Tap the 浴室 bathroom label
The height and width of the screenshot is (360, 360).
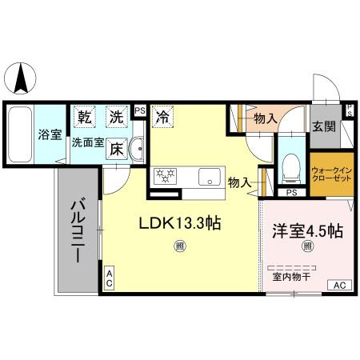(x=50, y=134)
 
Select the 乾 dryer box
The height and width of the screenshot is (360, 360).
(x=85, y=117)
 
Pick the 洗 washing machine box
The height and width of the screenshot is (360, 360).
(x=118, y=117)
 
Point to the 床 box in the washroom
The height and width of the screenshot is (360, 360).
(x=117, y=148)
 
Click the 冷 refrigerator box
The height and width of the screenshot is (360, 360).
(x=162, y=117)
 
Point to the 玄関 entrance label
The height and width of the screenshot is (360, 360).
(x=324, y=127)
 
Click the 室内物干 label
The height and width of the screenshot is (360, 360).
(x=291, y=276)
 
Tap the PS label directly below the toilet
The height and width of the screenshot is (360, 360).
(x=291, y=193)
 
